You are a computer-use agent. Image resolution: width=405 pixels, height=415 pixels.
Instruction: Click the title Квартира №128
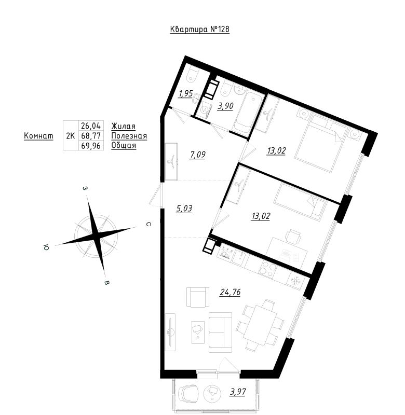click(200, 30)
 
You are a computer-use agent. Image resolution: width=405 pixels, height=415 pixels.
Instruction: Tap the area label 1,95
click(186, 93)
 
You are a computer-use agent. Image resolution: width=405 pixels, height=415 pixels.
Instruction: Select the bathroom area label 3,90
click(225, 106)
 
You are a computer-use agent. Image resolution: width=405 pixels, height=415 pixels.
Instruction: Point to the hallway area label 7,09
click(198, 154)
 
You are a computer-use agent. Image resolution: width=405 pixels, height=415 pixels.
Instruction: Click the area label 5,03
click(185, 209)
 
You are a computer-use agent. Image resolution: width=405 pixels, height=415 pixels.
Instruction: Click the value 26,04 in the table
click(91, 126)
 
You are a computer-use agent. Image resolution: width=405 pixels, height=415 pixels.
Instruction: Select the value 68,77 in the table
click(91, 136)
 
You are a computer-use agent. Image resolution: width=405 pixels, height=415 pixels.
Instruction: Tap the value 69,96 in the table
click(91, 146)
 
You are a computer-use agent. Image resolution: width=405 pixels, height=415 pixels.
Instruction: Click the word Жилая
click(124, 126)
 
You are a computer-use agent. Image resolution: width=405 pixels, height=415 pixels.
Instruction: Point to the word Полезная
click(129, 136)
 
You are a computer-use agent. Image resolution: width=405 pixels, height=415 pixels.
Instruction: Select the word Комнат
click(38, 136)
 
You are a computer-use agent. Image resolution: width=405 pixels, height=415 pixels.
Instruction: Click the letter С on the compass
click(148, 225)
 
